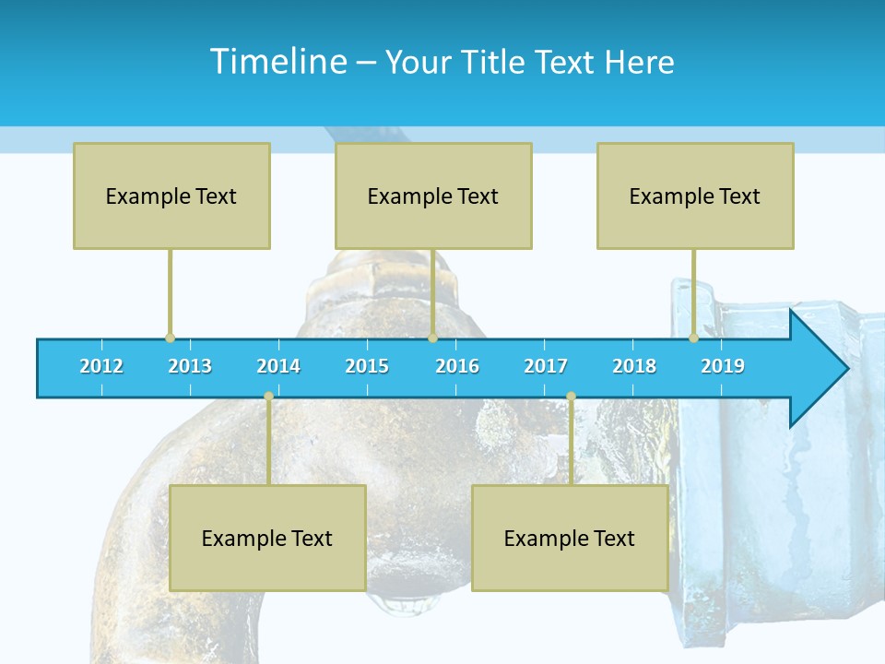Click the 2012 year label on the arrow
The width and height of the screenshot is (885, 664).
[101, 366]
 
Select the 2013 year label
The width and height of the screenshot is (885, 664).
[190, 366]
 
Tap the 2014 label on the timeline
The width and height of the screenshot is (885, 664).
[278, 366]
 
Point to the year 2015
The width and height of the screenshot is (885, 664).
[367, 366]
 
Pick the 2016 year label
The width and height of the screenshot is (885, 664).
[457, 366]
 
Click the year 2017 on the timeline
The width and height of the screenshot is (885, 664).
[546, 366]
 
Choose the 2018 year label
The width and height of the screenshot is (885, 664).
[634, 366]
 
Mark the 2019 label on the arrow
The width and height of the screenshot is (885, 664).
[723, 366]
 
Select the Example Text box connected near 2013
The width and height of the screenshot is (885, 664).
[171, 196]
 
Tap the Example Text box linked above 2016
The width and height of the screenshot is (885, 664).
[433, 196]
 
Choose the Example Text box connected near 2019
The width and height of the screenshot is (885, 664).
[695, 196]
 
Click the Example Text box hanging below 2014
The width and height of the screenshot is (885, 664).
[267, 538]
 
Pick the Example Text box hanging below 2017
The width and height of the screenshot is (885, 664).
[570, 538]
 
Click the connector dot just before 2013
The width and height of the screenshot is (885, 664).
[170, 338]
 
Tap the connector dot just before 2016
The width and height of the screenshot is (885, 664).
[432, 338]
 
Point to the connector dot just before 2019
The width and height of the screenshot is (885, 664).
[693, 338]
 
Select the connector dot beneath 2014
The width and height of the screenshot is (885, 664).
[268, 397]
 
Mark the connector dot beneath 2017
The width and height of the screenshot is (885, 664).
[571, 397]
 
